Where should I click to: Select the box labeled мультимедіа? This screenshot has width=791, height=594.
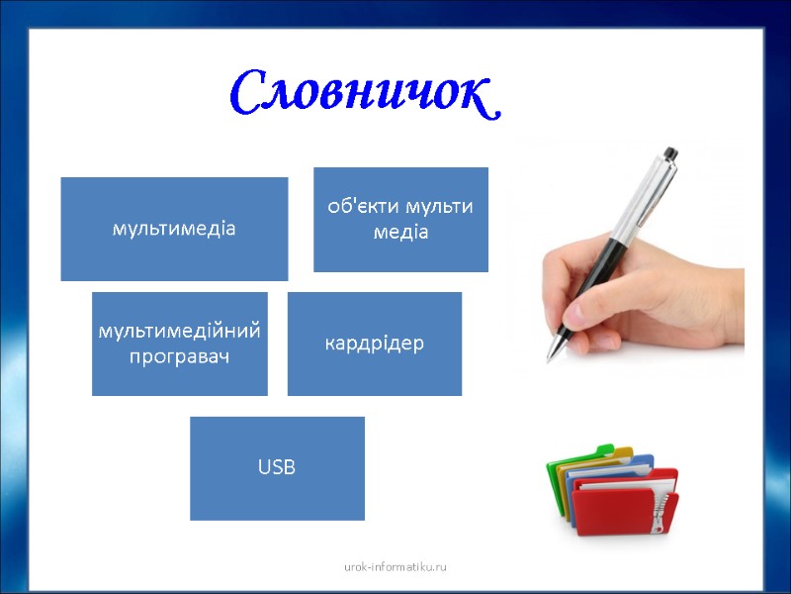[174, 229]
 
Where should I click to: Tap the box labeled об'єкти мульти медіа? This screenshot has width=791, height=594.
[400, 219]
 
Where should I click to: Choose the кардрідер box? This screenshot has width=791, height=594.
[374, 344]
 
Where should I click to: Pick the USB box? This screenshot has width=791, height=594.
[277, 468]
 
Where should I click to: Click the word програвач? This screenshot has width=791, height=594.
[179, 355]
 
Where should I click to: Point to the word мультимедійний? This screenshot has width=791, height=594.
[179, 331]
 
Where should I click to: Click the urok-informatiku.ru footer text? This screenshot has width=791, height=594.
[395, 566]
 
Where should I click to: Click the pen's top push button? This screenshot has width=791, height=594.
[670, 153]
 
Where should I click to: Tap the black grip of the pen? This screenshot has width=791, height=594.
[583, 297]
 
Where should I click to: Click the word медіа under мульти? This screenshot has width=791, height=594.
[400, 232]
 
